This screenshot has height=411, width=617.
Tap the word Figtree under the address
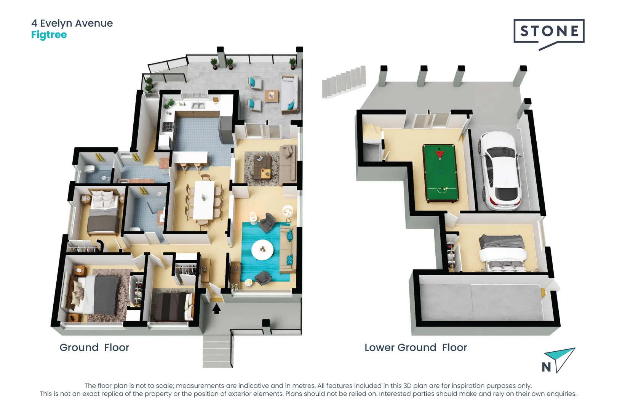click(x=49, y=35)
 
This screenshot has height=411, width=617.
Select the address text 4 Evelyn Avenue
click(x=72, y=23)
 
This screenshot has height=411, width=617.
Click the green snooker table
click(x=440, y=173)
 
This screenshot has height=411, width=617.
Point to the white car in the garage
click(x=500, y=170)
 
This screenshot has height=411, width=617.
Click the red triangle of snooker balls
click(x=440, y=154)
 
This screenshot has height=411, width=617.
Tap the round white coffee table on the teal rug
click(x=262, y=250)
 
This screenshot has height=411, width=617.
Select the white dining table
click(x=204, y=200)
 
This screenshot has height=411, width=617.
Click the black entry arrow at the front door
click(x=216, y=309)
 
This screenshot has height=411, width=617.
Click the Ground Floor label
click(x=94, y=347)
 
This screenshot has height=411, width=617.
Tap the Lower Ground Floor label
click(x=416, y=347)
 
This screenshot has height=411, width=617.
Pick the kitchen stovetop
click(x=168, y=127)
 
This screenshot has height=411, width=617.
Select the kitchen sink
click(x=198, y=105)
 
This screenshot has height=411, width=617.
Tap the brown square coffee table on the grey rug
click(x=262, y=167)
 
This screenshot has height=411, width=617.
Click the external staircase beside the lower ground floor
click(x=344, y=82)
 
